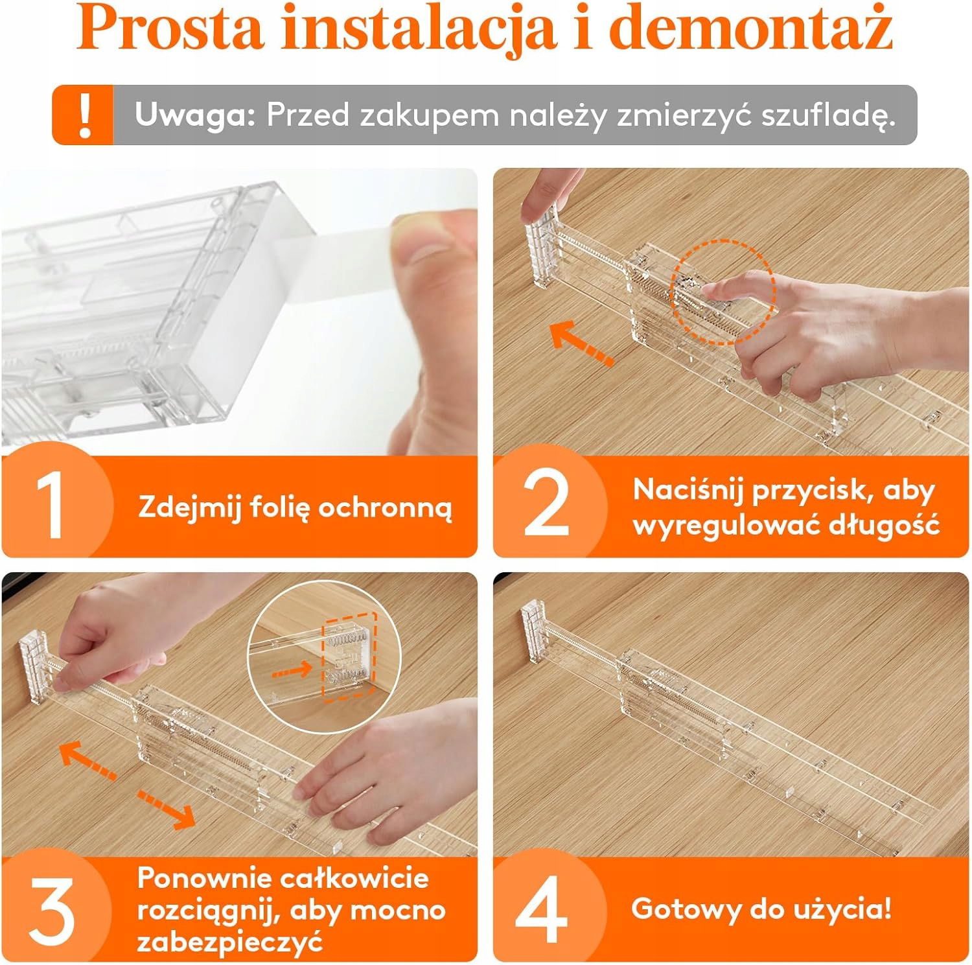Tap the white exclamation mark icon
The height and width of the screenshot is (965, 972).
click(84, 115)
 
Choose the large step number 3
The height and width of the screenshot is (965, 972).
click(52, 911)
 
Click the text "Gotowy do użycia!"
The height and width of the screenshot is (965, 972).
click(761, 909)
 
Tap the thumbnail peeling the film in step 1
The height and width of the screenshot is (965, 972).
click(239, 312)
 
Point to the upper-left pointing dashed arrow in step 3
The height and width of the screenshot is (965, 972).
click(88, 761)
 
